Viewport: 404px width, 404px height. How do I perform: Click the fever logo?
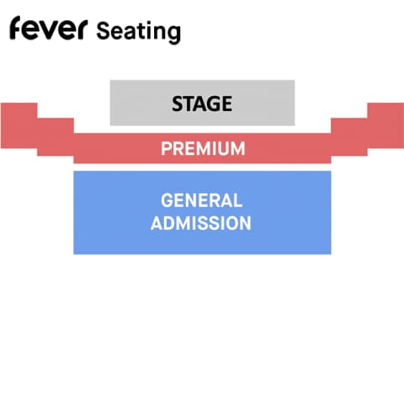(x=49, y=28)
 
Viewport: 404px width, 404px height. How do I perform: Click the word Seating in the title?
(x=139, y=32)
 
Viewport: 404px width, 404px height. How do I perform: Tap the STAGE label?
(x=202, y=104)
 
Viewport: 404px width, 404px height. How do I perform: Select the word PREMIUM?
(x=203, y=148)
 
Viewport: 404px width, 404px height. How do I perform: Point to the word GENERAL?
(x=201, y=200)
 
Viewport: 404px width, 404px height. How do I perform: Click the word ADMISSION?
(x=201, y=223)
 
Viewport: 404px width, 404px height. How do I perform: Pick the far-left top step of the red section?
(x=19, y=125)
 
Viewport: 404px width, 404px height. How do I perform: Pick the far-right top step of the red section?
(x=385, y=125)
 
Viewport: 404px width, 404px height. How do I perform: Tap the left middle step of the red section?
(x=56, y=137)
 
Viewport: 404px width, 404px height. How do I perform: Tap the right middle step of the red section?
(x=349, y=137)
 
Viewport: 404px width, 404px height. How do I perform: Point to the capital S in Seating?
(x=103, y=30)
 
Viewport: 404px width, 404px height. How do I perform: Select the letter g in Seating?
(x=174, y=35)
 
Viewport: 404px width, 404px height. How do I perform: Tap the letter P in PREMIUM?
(x=166, y=148)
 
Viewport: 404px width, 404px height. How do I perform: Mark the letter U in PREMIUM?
(x=226, y=148)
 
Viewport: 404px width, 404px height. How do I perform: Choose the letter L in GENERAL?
(x=237, y=200)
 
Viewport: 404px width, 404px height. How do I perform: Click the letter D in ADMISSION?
(x=169, y=223)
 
